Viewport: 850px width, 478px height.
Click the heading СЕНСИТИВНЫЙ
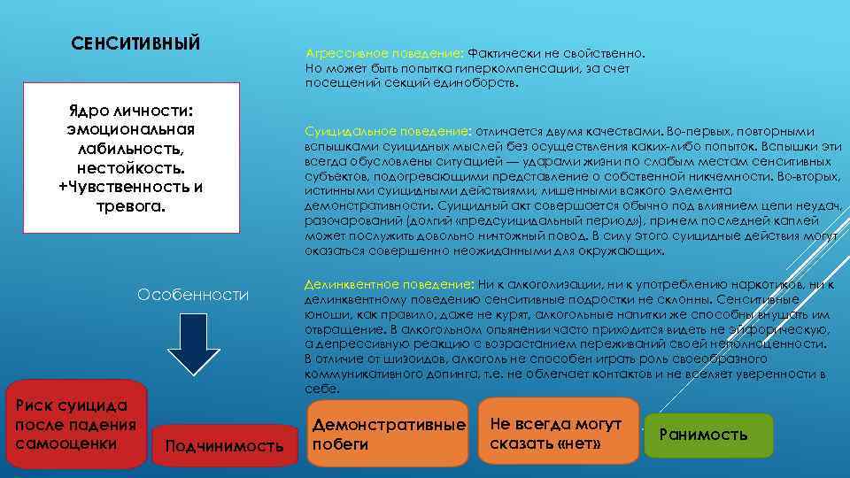coord(135,43)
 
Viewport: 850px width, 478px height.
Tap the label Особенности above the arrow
coord(192,295)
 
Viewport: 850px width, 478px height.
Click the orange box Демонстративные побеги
coord(387,434)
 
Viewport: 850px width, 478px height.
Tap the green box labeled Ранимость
coord(707,435)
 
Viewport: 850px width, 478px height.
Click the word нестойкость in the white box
coord(130,166)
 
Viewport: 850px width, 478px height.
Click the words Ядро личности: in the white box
coord(130,110)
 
